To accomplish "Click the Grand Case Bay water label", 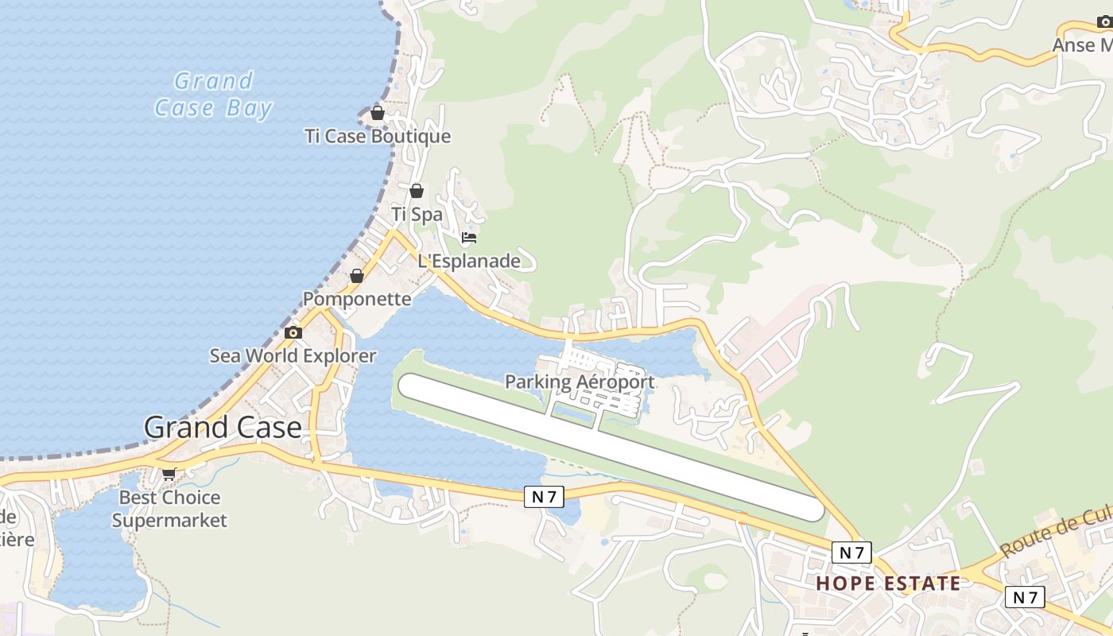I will click(x=213, y=94).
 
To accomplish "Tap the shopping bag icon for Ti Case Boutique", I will click(x=378, y=114).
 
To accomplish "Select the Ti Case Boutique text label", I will click(x=378, y=136).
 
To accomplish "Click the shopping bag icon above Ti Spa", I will click(x=417, y=191).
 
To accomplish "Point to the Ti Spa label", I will click(x=417, y=214).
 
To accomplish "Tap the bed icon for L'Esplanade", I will click(x=469, y=238).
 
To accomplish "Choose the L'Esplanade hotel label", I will click(x=469, y=261).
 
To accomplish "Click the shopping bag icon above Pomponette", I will click(x=357, y=276).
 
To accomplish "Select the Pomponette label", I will click(x=357, y=299).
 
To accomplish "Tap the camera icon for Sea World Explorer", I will click(x=293, y=332).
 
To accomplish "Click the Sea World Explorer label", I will click(x=293, y=355).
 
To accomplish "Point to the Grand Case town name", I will click(x=223, y=428).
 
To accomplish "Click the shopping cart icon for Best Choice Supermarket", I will click(x=169, y=475).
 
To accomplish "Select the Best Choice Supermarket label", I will click(x=169, y=509).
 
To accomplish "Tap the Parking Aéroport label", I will click(x=580, y=382).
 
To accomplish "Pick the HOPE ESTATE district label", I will click(x=888, y=584).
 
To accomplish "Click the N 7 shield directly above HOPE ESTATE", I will click(x=851, y=553).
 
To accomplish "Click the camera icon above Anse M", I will click(x=1104, y=21).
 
